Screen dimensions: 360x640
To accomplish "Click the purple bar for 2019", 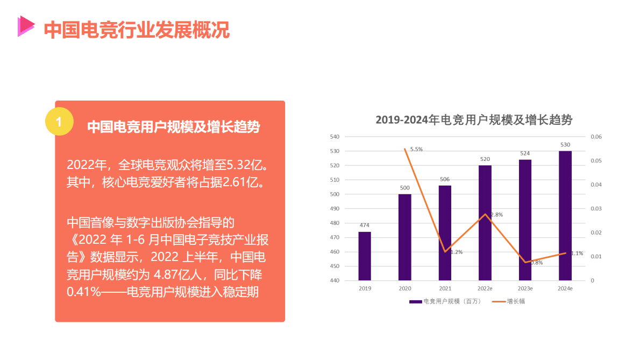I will point(365,256).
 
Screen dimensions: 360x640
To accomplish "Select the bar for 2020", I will point(404,237).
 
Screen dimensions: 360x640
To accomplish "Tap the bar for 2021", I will point(445,233).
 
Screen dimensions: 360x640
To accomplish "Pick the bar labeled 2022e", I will point(485,223).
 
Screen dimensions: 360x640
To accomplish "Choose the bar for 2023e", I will point(525,220).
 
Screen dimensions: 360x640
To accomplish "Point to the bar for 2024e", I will point(565,216).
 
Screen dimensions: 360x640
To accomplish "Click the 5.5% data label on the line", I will point(416,149).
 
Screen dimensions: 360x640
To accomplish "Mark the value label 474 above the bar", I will point(365,225).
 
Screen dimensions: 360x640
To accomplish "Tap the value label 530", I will point(565,145).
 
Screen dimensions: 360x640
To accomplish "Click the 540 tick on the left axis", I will point(335,137).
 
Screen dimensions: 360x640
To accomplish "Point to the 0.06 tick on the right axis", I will point(596,137).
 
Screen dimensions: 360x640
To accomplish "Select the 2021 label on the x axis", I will point(445,289).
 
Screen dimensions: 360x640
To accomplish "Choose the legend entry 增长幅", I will point(515,301).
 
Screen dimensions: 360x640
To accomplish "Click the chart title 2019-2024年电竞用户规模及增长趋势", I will point(473,120).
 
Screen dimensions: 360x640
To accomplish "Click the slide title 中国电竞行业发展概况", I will point(137,30).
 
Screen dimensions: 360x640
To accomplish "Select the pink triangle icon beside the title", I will point(25,26).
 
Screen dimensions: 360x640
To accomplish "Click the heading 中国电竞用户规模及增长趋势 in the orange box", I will point(173,127).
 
